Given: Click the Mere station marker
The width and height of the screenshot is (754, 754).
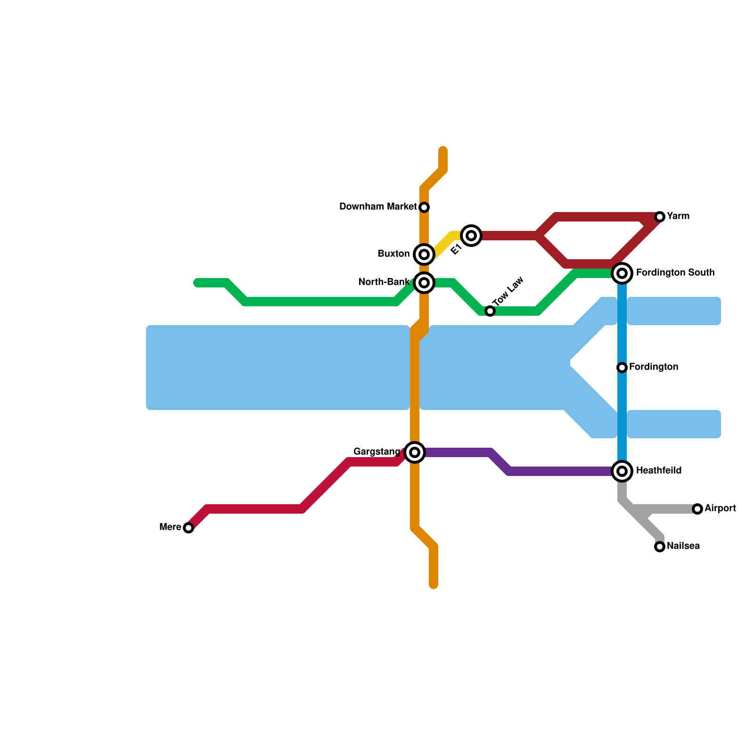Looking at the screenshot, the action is tap(188, 528).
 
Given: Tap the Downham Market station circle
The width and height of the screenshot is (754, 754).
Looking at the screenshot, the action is tap(424, 207).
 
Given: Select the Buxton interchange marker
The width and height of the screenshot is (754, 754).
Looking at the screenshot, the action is tap(424, 254).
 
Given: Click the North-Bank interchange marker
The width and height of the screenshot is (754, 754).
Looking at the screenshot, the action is tap(424, 283).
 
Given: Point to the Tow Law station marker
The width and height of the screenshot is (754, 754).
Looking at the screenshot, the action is tap(490, 311).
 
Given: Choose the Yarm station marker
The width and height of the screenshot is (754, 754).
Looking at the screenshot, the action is tap(660, 217).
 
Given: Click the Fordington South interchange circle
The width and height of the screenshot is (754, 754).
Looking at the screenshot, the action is tap(622, 273).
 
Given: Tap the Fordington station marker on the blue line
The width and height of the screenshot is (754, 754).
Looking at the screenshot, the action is tap(622, 368).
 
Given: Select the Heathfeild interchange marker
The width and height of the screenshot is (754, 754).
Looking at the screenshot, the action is tap(622, 471).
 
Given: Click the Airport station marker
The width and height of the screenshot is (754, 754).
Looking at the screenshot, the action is tap(697, 509).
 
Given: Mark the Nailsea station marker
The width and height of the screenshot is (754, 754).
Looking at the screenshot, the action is tap(660, 547).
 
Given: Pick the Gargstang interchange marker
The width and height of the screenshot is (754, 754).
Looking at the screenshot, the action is tap(415, 452).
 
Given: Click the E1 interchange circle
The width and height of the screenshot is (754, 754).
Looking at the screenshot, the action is tap(471, 236).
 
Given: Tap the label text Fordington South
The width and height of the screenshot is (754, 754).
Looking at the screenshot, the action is tap(675, 273).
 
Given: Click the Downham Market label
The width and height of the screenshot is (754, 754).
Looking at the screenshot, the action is tap(378, 207).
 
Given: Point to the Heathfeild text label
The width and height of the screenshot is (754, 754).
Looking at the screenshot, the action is tap(658, 471).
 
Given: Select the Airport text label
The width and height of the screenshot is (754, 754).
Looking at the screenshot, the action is tap(720, 508).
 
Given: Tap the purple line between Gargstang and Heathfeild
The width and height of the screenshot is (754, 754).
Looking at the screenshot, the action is tap(556, 471).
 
